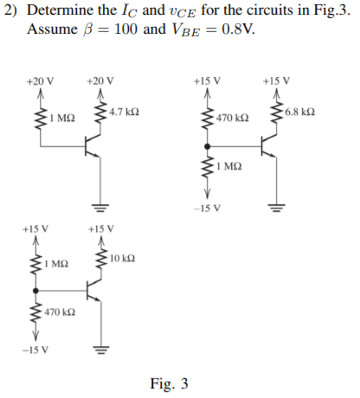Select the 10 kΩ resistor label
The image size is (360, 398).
click(x=122, y=260)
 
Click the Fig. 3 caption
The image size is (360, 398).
click(x=169, y=383)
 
